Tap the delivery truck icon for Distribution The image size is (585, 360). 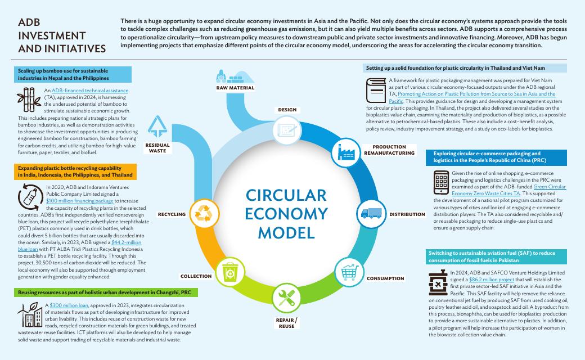(x=371, y=213)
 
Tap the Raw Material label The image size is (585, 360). (x=235, y=88)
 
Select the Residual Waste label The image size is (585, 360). (x=157, y=148)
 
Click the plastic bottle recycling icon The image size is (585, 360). (x=29, y=196)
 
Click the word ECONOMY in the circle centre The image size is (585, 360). (x=286, y=213)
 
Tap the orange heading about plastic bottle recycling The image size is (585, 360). (x=75, y=172)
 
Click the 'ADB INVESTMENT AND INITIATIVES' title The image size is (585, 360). (x=61, y=35)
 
